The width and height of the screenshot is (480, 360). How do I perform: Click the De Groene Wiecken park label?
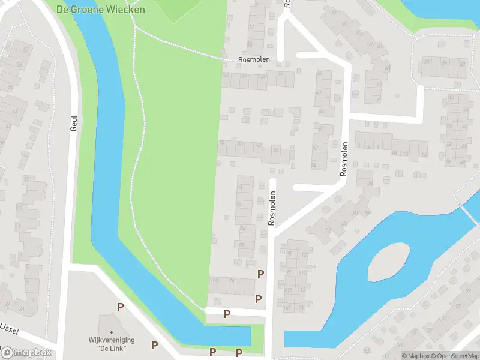100,10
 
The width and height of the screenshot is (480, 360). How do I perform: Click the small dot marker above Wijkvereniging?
111,332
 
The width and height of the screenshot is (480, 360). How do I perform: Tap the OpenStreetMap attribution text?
454,356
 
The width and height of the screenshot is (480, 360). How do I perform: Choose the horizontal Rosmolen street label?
254,60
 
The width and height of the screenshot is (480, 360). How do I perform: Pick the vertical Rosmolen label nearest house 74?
272,208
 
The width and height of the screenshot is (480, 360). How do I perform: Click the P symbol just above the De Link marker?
120,307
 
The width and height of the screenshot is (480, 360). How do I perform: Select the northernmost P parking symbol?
260,274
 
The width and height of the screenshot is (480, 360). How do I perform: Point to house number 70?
222,143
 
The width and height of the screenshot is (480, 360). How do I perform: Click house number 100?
214,280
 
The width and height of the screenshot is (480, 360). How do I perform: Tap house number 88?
242,245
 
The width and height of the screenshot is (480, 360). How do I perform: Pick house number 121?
305,254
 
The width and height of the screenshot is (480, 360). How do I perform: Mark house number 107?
287,308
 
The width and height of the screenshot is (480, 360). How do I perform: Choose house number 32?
281,74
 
